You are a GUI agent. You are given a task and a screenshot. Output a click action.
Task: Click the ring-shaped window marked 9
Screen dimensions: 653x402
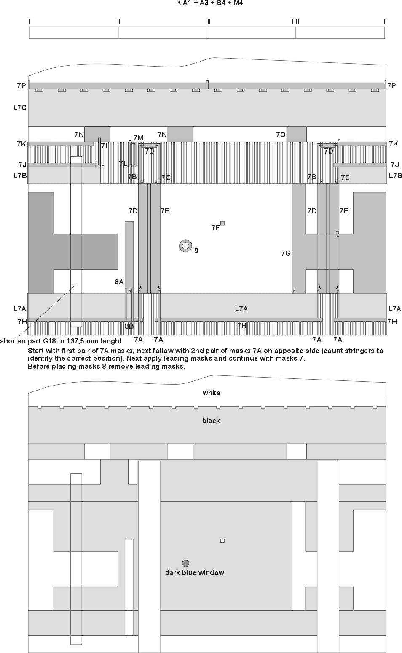[x=185, y=246]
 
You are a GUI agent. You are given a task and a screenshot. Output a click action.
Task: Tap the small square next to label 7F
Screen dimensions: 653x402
[x=222, y=224]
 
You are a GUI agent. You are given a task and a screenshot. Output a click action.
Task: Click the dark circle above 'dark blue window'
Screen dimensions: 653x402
[x=185, y=563]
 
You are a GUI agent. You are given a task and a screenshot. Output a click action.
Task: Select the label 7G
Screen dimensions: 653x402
[x=286, y=253]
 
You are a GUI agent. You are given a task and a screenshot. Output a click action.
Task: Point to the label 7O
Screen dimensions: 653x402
[x=281, y=135]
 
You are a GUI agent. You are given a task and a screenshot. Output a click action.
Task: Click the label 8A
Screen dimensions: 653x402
[x=119, y=282]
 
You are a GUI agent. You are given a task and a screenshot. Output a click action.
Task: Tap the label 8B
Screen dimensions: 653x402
[x=129, y=326]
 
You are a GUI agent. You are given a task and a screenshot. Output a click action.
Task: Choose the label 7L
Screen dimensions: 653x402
[x=123, y=164]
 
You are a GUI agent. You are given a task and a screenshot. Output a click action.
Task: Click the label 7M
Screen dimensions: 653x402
[x=138, y=138]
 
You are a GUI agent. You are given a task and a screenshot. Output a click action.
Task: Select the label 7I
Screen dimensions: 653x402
[x=104, y=146]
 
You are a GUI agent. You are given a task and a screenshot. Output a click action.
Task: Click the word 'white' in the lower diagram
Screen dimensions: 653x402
[x=211, y=393]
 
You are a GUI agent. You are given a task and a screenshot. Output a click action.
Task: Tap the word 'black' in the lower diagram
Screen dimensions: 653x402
[x=211, y=421]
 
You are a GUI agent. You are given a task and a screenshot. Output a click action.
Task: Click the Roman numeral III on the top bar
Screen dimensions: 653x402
[x=208, y=21]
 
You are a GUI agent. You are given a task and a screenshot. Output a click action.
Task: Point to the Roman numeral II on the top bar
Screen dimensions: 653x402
[x=119, y=21]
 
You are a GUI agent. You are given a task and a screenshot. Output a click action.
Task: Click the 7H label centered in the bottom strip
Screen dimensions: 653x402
[x=242, y=326]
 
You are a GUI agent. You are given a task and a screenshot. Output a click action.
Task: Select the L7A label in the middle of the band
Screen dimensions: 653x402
[x=241, y=309]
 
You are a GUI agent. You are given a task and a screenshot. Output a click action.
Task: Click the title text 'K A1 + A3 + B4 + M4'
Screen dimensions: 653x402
[x=209, y=3]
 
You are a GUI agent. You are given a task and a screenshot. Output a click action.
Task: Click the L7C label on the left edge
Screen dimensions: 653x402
[x=20, y=108]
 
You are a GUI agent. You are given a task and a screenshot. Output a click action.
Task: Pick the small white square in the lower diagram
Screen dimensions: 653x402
[x=222, y=541]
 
